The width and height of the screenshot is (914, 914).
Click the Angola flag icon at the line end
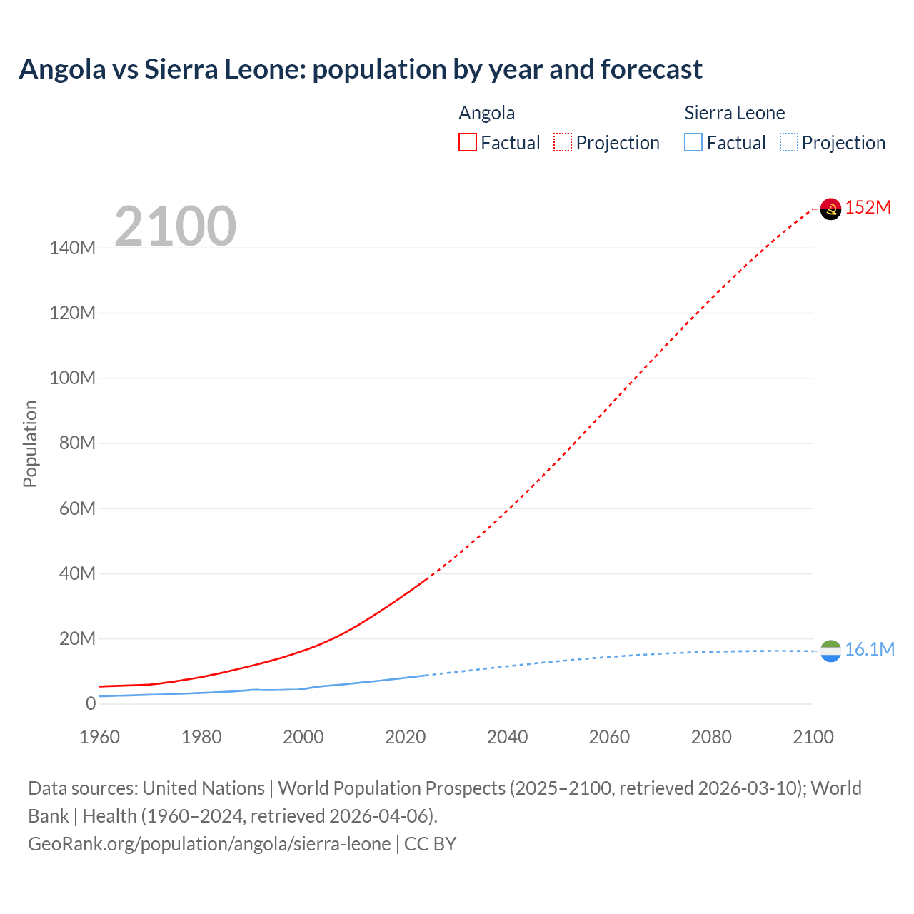click(x=830, y=209)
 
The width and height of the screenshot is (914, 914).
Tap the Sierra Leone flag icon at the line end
click(x=830, y=651)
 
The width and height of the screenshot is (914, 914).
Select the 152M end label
click(x=868, y=208)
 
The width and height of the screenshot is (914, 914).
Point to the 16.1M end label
click(x=869, y=649)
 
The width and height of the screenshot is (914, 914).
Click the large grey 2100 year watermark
click(x=175, y=226)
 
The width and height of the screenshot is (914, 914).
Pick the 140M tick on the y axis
click(x=72, y=248)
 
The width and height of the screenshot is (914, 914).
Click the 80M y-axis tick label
click(x=77, y=443)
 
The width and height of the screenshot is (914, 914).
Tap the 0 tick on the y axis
click(x=91, y=703)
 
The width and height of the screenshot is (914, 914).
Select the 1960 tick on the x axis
click(x=99, y=737)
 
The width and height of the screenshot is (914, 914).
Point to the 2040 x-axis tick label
click(x=507, y=737)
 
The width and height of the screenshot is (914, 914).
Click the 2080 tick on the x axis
click(x=710, y=737)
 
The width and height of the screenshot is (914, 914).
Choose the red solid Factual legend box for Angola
click(x=467, y=143)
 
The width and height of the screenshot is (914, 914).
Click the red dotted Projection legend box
click(x=563, y=143)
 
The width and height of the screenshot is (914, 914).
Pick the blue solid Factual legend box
click(x=693, y=143)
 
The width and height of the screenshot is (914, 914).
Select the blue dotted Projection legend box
click(x=788, y=143)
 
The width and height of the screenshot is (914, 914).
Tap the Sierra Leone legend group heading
click(x=734, y=113)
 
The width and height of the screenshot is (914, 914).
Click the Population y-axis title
click(x=30, y=443)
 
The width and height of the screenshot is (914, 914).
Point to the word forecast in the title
click(x=651, y=69)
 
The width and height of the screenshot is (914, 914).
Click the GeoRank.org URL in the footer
click(x=209, y=844)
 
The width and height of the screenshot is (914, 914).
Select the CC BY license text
click(x=431, y=844)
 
